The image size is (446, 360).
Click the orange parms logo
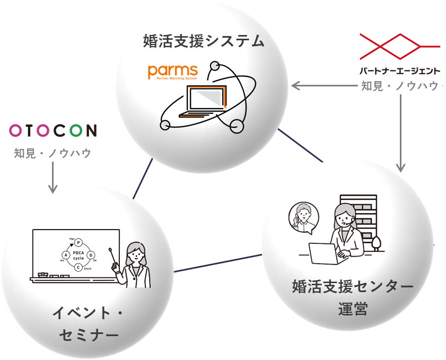(x=172, y=72)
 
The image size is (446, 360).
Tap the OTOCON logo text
(x=53, y=130)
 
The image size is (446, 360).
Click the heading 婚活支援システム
(x=204, y=41)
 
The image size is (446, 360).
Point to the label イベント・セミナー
(x=88, y=324)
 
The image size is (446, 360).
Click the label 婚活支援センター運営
(x=353, y=297)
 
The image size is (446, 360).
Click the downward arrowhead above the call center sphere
(x=401, y=167)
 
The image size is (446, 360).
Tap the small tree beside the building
(x=377, y=243)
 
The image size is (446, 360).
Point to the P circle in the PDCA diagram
(x=78, y=242)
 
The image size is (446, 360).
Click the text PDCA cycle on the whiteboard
(x=78, y=255)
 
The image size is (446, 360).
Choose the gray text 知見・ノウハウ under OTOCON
(x=53, y=153)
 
